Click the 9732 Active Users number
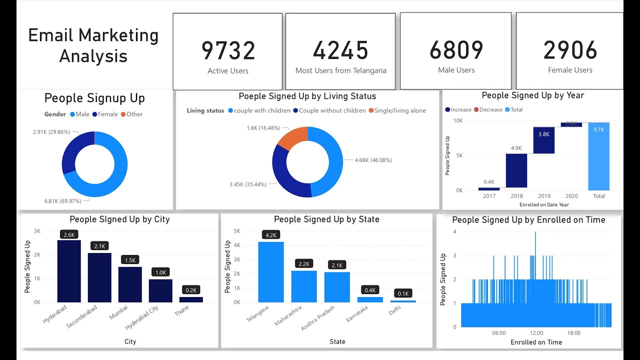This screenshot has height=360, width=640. [228, 50]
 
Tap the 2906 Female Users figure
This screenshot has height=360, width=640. [570, 50]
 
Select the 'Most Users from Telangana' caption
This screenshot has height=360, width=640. [340, 70]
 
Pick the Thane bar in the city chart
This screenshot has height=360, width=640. [191, 299]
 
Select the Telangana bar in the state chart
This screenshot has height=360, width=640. [270, 272]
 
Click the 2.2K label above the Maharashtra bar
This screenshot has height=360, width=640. [304, 263]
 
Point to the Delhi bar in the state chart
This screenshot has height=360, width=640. [403, 301]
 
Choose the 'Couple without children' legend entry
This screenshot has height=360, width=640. [332, 110]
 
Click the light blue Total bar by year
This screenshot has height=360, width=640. [598, 156]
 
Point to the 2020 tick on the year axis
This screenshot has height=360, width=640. [571, 196]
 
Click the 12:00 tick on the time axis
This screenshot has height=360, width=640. [536, 333]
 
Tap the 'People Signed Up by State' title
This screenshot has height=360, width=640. [326, 219]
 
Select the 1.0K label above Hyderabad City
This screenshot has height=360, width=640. [160, 272]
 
